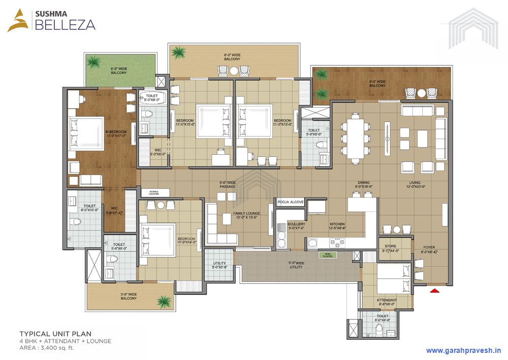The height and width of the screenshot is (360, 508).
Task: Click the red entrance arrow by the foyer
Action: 434,290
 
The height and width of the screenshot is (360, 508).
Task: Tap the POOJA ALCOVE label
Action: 291,202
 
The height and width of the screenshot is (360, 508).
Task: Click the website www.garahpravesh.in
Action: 463,350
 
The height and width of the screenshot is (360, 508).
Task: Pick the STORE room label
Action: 391,248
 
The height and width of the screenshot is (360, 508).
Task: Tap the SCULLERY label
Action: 296,226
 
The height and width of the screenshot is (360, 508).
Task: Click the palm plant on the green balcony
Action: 93,62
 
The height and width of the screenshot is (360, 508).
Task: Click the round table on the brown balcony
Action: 421,93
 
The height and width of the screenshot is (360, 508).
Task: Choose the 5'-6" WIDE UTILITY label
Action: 296,265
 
